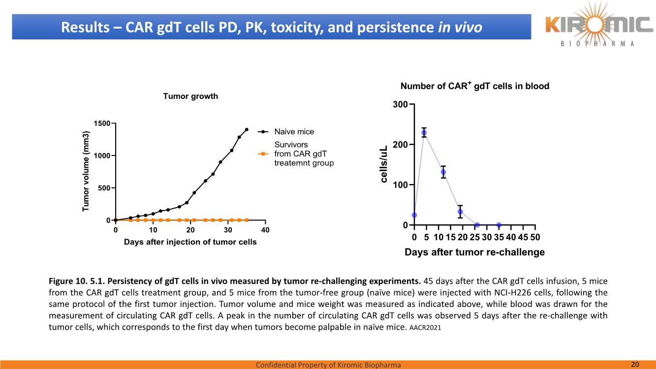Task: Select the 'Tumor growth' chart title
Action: coord(190,96)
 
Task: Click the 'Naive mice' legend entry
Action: coord(294,132)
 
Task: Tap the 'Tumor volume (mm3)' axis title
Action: coord(87,172)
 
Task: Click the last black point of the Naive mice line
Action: coord(247,130)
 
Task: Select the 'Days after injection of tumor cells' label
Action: coord(190,242)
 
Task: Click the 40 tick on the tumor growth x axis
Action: coord(265,230)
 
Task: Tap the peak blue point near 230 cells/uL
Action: coord(424,133)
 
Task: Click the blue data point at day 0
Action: coord(414,215)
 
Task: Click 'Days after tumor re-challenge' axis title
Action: coord(474,252)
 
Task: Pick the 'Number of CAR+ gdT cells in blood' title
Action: coord(474,86)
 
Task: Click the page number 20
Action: coord(635,364)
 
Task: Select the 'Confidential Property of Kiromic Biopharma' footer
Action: coord(328,365)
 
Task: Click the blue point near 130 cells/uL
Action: coord(443,172)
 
